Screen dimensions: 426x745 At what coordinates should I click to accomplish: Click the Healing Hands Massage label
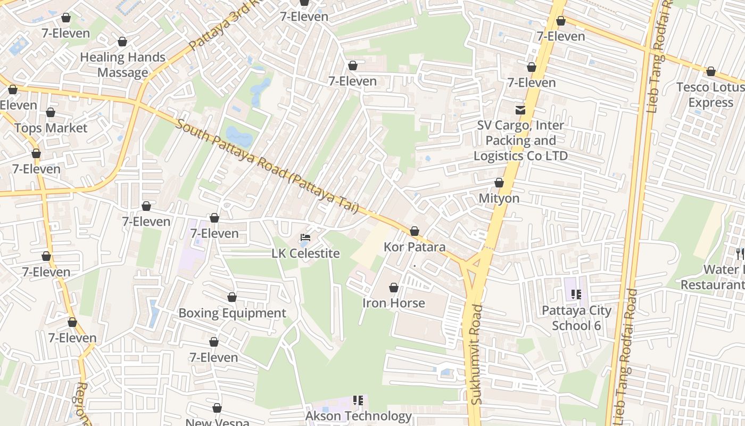point(122,65)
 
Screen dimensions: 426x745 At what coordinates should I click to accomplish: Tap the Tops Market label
point(51,128)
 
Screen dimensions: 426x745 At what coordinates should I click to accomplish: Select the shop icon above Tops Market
point(51,112)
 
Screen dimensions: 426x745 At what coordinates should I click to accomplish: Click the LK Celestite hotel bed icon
point(305,237)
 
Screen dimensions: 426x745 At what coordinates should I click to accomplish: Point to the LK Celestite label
point(305,253)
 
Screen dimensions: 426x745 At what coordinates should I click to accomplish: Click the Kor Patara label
point(415,248)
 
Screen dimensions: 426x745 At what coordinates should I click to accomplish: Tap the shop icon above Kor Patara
point(415,231)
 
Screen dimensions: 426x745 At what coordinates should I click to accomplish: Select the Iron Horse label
point(394,304)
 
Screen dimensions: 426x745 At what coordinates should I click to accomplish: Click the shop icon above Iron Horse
point(394,288)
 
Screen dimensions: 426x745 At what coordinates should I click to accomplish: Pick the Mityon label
point(499,199)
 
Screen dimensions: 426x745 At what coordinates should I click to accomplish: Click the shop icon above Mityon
point(499,183)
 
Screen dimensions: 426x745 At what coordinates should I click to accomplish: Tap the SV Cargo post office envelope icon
point(520,110)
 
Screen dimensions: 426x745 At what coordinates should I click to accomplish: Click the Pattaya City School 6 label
point(576,318)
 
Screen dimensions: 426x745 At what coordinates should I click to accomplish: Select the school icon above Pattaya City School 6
point(576,294)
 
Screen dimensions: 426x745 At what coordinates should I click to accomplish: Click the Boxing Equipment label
point(232,313)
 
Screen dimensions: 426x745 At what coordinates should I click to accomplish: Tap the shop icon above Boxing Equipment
point(232,297)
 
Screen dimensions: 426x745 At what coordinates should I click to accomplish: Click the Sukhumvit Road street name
point(476,354)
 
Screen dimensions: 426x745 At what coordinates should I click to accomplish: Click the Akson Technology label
point(359,416)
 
